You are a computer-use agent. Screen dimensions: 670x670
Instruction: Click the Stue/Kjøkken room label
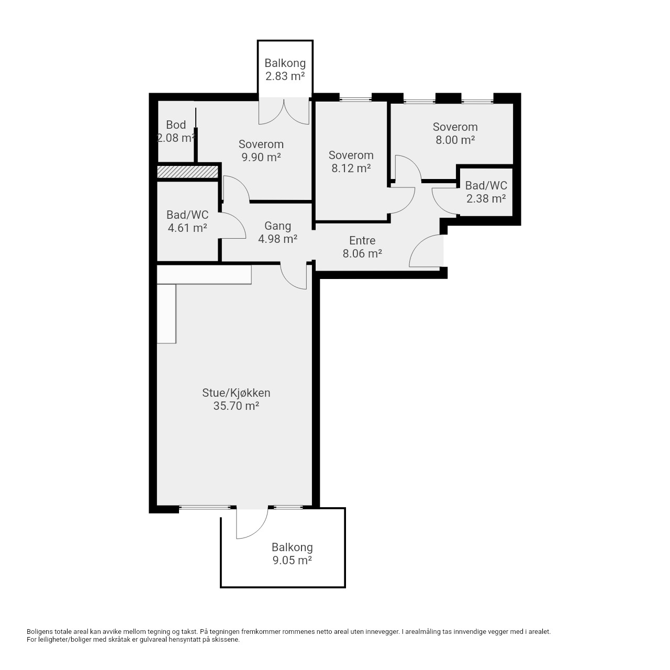pos(236,393)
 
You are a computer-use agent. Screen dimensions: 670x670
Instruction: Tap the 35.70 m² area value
pos(236,406)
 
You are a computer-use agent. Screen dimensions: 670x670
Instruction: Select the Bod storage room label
pos(176,125)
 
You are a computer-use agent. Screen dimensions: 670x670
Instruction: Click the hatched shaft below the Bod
pos(188,172)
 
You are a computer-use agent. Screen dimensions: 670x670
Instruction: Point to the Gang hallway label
pos(278,226)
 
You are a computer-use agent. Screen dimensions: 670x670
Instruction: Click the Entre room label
pos(362,241)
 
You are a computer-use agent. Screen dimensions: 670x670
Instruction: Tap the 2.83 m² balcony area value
pos(285,76)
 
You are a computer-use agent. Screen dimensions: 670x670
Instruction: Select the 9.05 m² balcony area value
pos(292,561)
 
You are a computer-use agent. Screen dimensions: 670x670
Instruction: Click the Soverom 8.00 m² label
pos(455,133)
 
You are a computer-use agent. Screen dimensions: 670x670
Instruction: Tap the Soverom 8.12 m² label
pos(351,162)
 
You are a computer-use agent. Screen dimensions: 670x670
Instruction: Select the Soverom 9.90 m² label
pos(261,151)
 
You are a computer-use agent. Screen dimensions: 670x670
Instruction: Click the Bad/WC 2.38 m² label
pos(486,192)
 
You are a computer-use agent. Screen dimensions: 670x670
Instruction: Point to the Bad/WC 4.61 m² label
pos(187,221)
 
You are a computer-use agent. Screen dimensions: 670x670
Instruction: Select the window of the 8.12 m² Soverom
pos(355,99)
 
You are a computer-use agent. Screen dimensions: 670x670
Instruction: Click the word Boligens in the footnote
pos(40,642)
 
